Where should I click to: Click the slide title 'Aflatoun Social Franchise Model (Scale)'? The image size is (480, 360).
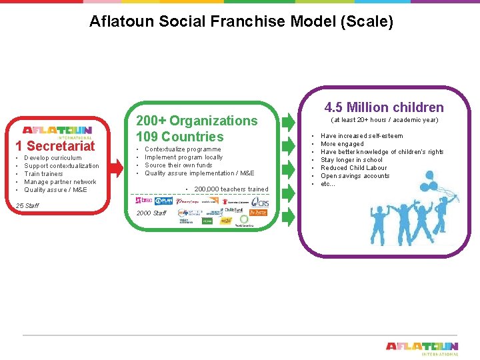point(241,22)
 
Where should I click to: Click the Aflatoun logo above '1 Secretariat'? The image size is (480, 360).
point(57,131)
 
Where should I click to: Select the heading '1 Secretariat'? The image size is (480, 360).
point(55,146)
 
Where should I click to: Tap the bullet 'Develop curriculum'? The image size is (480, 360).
point(53,158)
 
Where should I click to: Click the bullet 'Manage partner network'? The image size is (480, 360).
point(60,182)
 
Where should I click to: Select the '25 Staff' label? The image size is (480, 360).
point(28,205)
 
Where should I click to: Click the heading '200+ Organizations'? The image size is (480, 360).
point(197,121)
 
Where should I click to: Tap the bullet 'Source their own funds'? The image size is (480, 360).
point(179,165)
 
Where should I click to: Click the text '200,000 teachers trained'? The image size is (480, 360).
point(231,189)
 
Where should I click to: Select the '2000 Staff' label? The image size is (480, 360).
point(151,213)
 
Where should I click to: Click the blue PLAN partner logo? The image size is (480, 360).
point(164,200)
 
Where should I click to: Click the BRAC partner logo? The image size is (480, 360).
point(143,200)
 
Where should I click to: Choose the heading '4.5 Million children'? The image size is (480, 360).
point(384,107)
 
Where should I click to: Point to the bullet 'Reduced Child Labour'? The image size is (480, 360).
point(353,168)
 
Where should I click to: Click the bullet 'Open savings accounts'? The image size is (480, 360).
point(355,176)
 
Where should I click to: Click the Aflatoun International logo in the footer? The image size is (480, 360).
point(422,348)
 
